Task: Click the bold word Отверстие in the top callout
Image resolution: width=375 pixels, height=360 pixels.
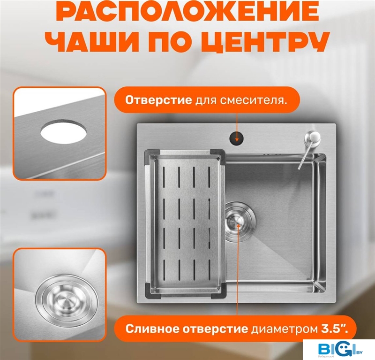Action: pyautogui.click(x=158, y=100)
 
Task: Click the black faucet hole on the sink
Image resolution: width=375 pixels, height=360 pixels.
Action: pyautogui.click(x=237, y=139)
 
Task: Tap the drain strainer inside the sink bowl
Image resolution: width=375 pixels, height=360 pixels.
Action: pyautogui.click(x=240, y=221)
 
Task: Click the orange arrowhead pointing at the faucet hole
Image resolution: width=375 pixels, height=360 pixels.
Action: pyautogui.click(x=237, y=139)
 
